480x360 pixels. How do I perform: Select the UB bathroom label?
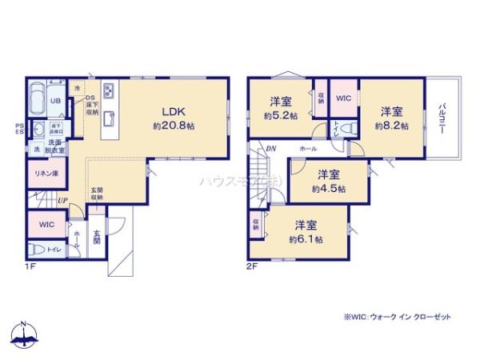pos(57,102)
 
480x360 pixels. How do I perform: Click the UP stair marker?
pos(62,199)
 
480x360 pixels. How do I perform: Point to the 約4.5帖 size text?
pos(329,189)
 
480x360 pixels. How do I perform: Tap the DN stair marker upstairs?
pos(271,149)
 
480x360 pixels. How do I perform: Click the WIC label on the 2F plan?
pos(343,98)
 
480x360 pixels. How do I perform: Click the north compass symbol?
pos(25,336)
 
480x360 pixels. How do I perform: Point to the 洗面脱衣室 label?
pos(55,146)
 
